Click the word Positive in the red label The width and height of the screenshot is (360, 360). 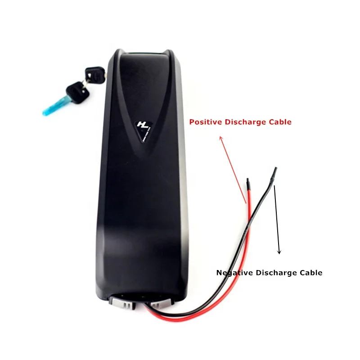[x=205, y=122]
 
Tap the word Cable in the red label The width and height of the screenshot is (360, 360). [x=281, y=122]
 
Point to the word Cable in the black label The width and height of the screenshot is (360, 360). [x=312, y=273]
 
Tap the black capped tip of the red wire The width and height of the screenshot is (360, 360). [x=247, y=184]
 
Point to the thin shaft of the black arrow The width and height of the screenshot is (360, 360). [x=277, y=216]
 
